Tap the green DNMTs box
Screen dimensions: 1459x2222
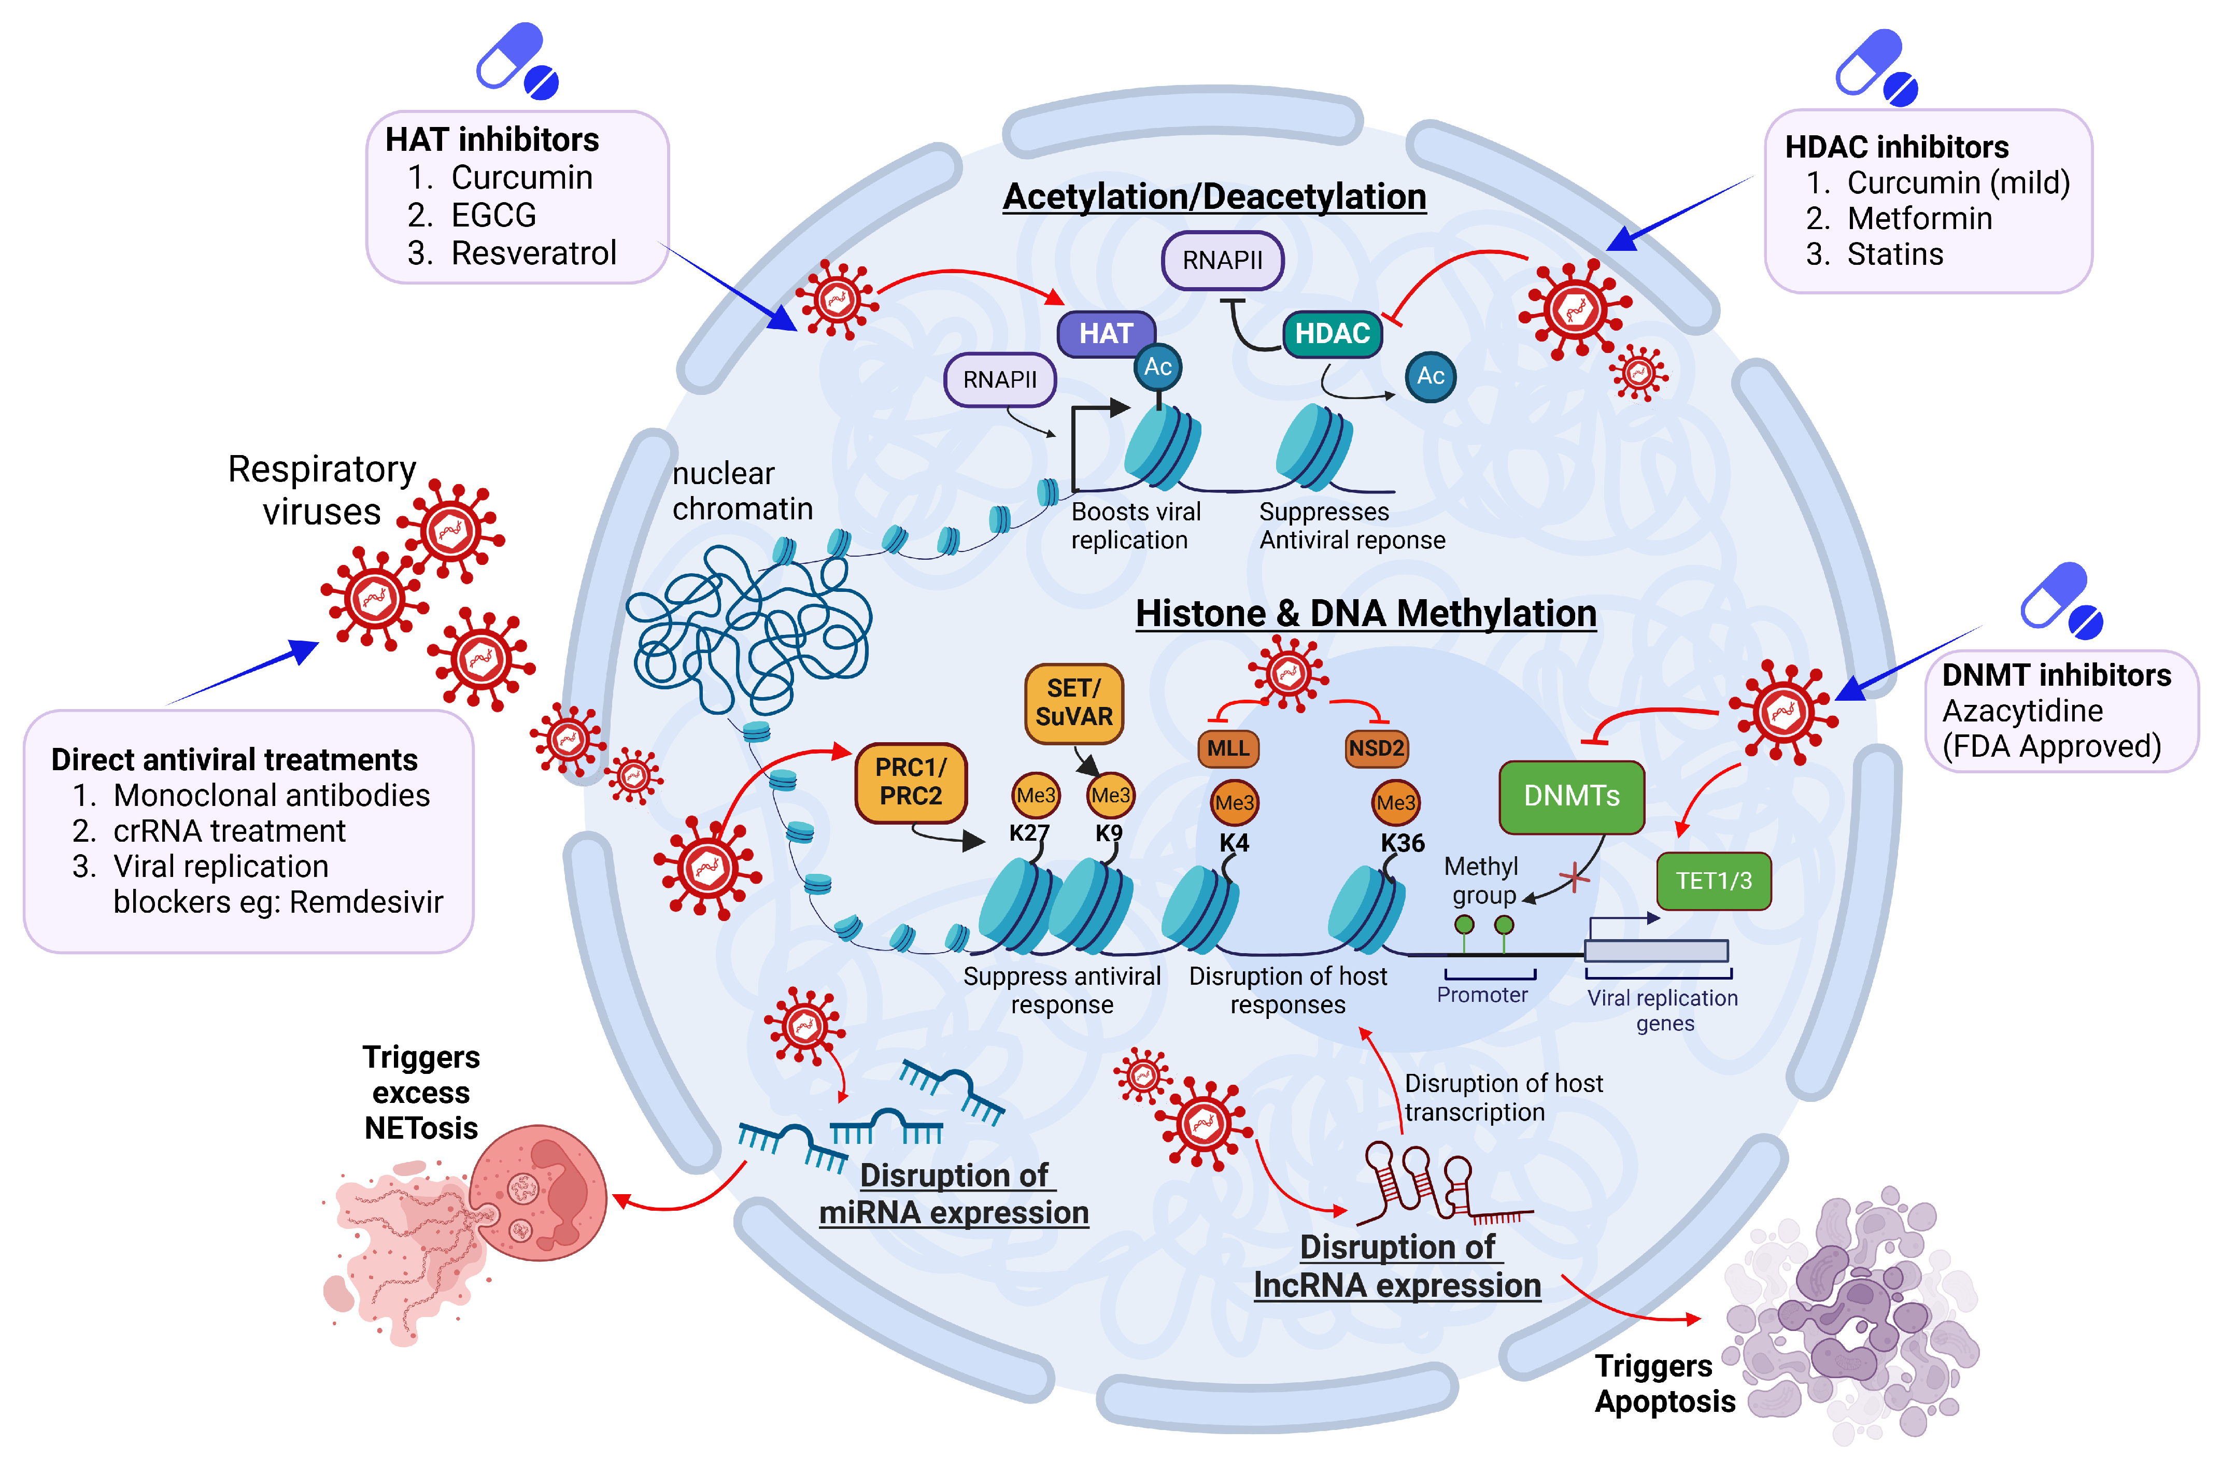[1572, 796]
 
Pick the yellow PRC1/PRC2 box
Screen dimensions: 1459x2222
[910, 782]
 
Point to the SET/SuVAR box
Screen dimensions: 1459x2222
[1073, 703]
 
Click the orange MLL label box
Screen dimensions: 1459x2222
[1228, 748]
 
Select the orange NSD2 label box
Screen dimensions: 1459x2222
[1376, 748]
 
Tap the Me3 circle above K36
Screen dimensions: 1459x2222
[1396, 803]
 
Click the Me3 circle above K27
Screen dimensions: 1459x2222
[1036, 795]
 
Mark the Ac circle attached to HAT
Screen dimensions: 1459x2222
[1158, 367]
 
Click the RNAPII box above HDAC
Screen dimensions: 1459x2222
[1222, 260]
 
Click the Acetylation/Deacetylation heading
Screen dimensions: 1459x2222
[1214, 197]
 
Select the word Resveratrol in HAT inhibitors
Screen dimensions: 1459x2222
[533, 253]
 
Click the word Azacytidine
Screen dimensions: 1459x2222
[2022, 711]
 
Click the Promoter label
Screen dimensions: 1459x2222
[1482, 995]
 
